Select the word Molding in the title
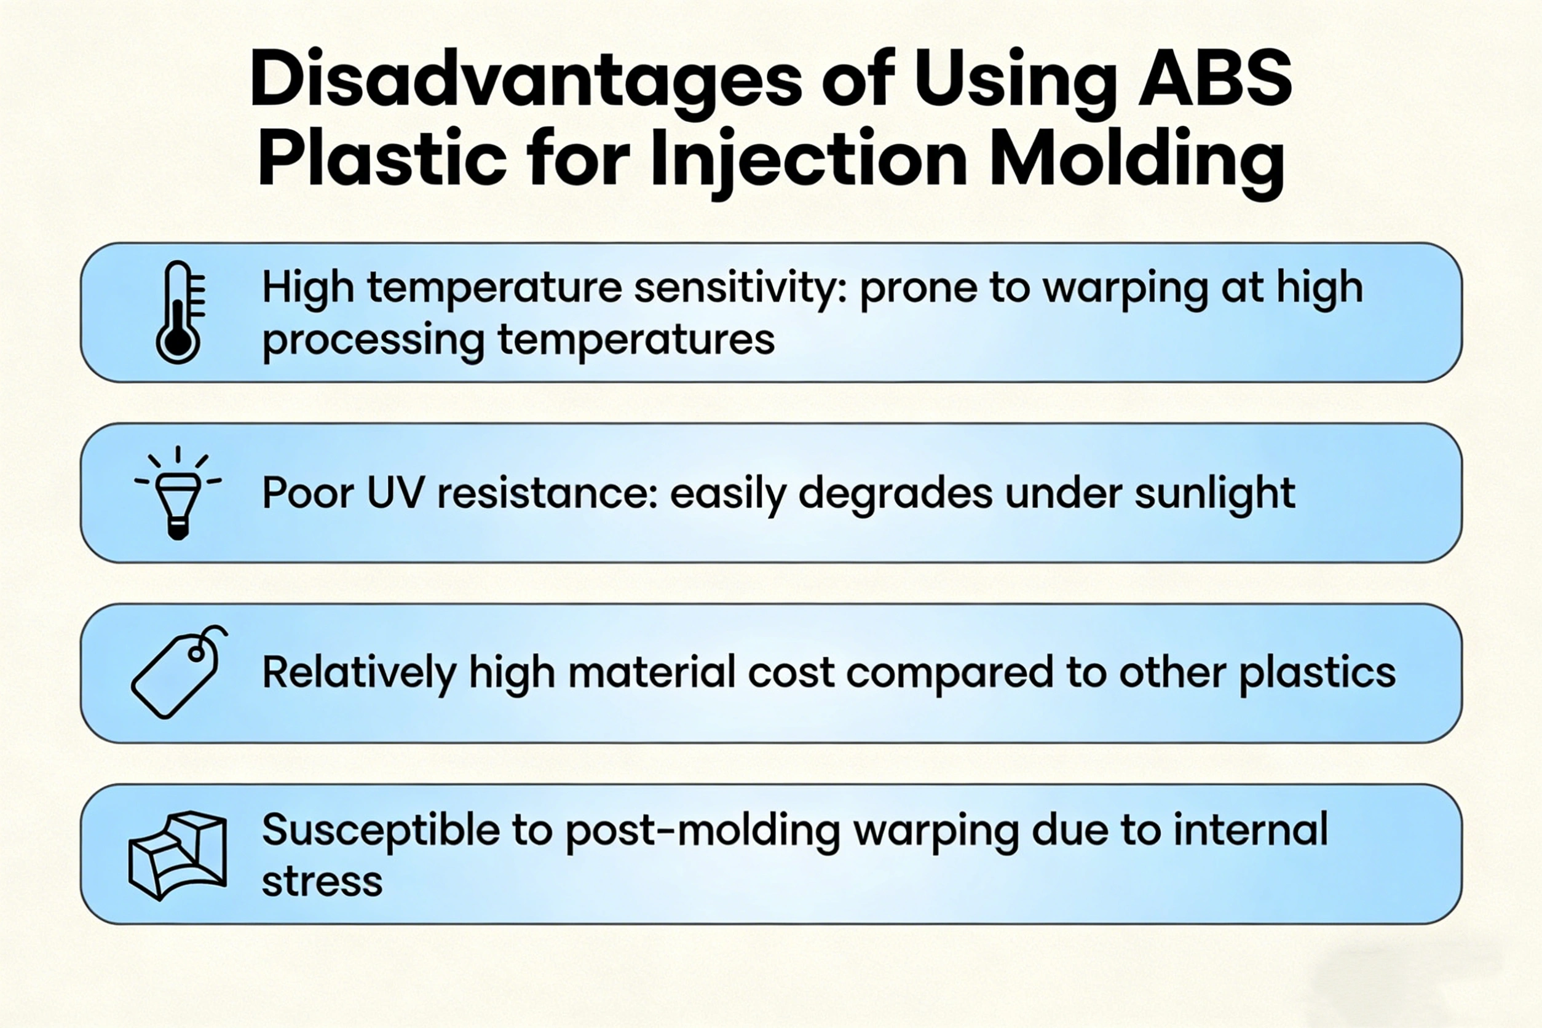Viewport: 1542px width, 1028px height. (1136, 161)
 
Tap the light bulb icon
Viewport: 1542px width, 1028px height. (178, 493)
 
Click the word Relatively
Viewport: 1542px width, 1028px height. (359, 673)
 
